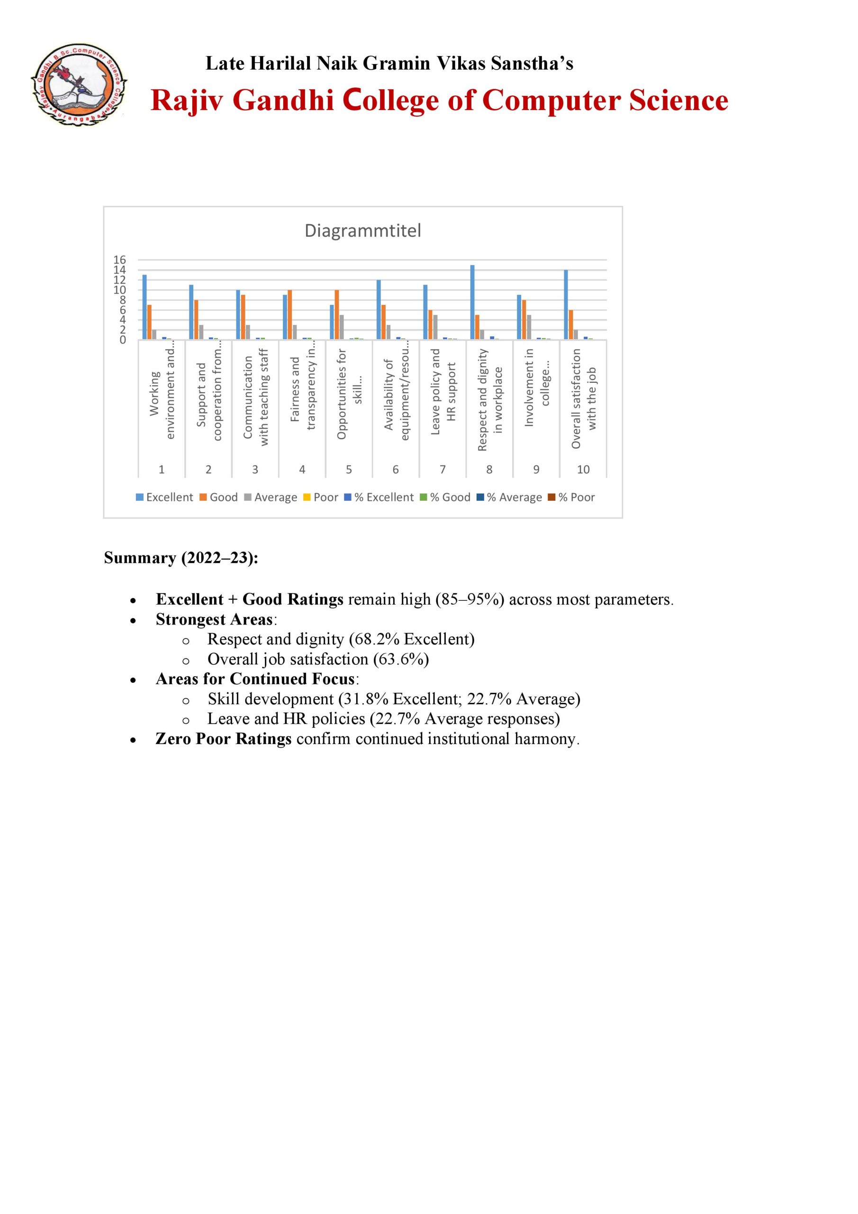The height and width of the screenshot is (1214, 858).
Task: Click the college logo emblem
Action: [x=79, y=84]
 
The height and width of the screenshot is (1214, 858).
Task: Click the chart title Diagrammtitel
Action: [x=362, y=230]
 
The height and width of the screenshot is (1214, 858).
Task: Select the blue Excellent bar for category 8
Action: [x=472, y=303]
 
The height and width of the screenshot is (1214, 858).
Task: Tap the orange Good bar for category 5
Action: [x=336, y=314]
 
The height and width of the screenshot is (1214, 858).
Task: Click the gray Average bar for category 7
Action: [x=435, y=327]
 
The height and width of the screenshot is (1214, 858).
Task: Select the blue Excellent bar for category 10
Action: [x=566, y=305]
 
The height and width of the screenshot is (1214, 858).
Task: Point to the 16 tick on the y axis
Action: [x=119, y=259]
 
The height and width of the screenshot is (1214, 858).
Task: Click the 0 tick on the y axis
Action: [x=123, y=340]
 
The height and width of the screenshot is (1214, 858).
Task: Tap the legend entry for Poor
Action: [x=321, y=497]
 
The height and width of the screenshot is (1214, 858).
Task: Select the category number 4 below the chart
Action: [x=302, y=469]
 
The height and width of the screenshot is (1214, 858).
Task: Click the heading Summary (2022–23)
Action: [x=181, y=558]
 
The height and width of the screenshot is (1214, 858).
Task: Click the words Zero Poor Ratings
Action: [x=224, y=739]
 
